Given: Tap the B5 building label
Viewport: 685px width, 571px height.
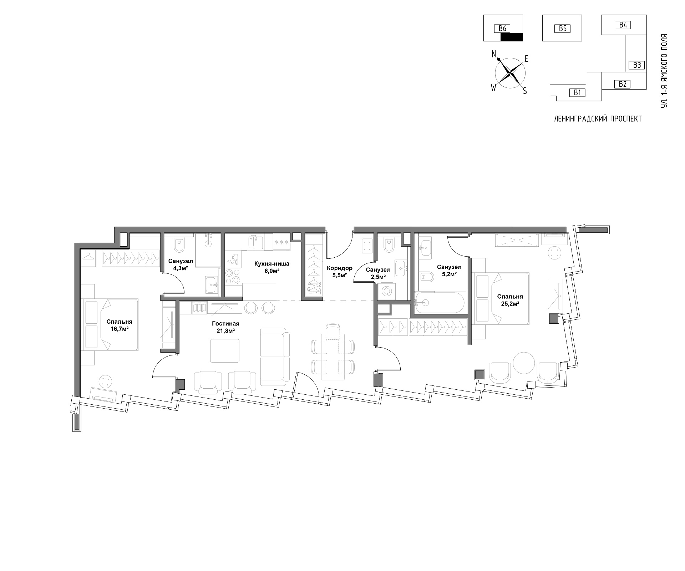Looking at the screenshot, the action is tap(562, 29).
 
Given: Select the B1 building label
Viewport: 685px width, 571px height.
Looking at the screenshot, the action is tap(578, 93).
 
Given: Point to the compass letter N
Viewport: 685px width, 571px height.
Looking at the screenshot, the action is tap(494, 54).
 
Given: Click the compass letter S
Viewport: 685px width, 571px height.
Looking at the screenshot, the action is tap(525, 91).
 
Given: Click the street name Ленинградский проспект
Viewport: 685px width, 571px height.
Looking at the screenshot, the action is tap(598, 119).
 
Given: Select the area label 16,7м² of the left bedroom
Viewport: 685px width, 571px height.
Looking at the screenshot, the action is tap(119, 329).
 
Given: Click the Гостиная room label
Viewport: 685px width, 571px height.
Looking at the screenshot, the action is tap(225, 324).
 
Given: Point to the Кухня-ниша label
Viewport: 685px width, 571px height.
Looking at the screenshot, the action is tap(272, 264).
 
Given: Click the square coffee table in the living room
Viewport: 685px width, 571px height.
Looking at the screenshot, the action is tap(225, 351).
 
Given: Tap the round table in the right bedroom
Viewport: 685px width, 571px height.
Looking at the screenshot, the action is tap(524, 365).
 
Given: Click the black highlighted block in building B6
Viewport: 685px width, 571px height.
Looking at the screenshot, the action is tap(512, 37).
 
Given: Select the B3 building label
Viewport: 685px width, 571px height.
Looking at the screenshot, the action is tap(637, 65).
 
